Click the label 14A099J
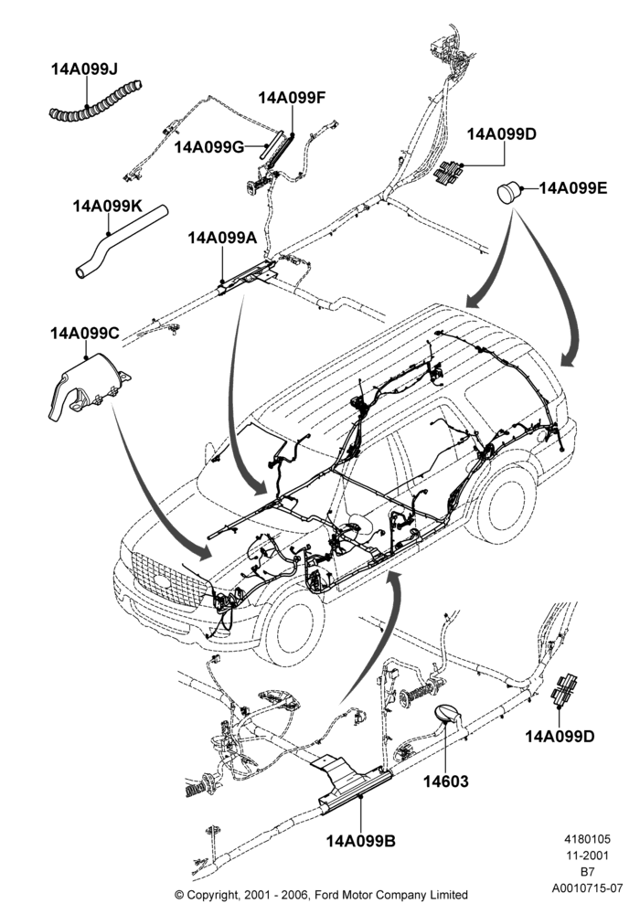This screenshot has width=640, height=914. click(84, 69)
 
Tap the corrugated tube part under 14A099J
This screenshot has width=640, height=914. click(96, 102)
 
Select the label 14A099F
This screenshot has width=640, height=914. click(292, 98)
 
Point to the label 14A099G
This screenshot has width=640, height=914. click(208, 147)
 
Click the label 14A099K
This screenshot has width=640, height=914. click(107, 207)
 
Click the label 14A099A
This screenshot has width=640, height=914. click(222, 238)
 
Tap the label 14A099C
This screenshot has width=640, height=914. click(84, 334)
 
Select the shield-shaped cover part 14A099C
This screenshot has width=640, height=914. click(88, 386)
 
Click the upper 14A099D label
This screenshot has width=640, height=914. click(501, 134)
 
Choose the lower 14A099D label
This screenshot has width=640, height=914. click(560, 736)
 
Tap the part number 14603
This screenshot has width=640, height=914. click(446, 781)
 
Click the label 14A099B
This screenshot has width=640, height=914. click(361, 841)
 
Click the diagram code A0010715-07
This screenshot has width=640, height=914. click(587, 888)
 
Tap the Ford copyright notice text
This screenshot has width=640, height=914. click(321, 894)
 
